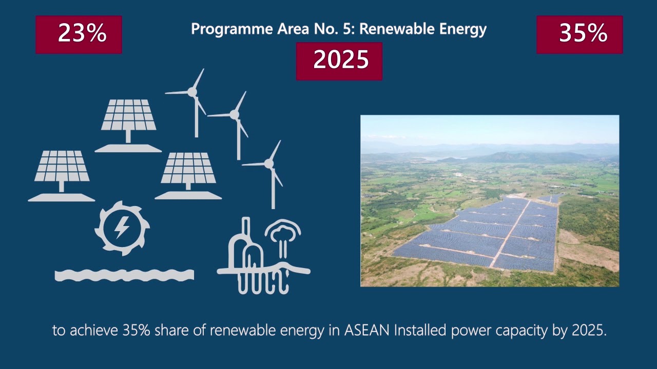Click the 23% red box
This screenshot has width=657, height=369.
[x=79, y=34]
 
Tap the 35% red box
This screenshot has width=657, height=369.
[x=579, y=34]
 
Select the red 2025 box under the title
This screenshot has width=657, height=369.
[x=339, y=61]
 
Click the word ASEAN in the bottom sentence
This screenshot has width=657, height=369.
[x=366, y=331]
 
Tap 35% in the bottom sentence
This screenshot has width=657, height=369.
[x=137, y=331]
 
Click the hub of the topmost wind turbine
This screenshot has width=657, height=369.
[x=192, y=92]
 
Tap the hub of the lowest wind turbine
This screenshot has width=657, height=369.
[x=269, y=163]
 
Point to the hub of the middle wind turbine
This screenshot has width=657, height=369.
[x=235, y=114]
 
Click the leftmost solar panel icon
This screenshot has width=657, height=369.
[x=61, y=176]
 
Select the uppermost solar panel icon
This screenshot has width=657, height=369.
[x=128, y=126]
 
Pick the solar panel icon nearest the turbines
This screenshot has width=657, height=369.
[x=188, y=176]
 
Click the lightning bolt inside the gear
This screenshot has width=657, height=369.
[x=121, y=227]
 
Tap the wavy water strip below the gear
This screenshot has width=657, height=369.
[x=124, y=275]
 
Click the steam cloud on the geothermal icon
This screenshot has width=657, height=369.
[x=283, y=230]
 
